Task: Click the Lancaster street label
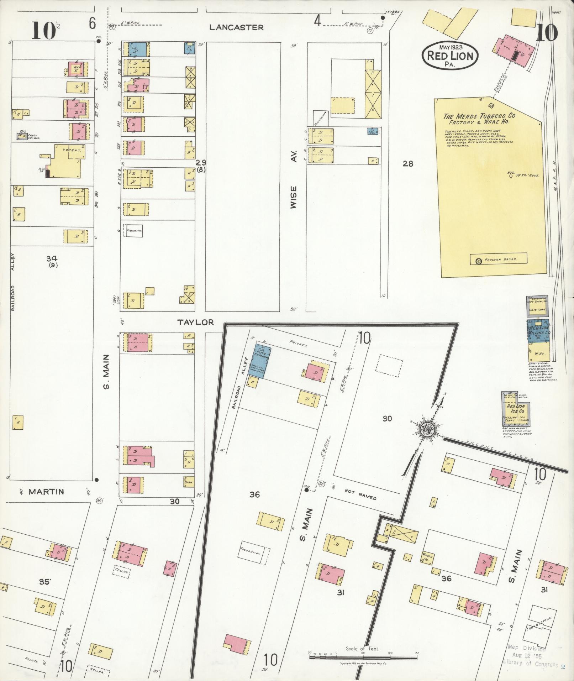pos(236,27)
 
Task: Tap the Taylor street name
pos(196,322)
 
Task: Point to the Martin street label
pos(46,492)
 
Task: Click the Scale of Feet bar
pos(363,657)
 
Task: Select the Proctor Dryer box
pos(498,259)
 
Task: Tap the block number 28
pos(408,164)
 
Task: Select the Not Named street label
pos(360,496)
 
